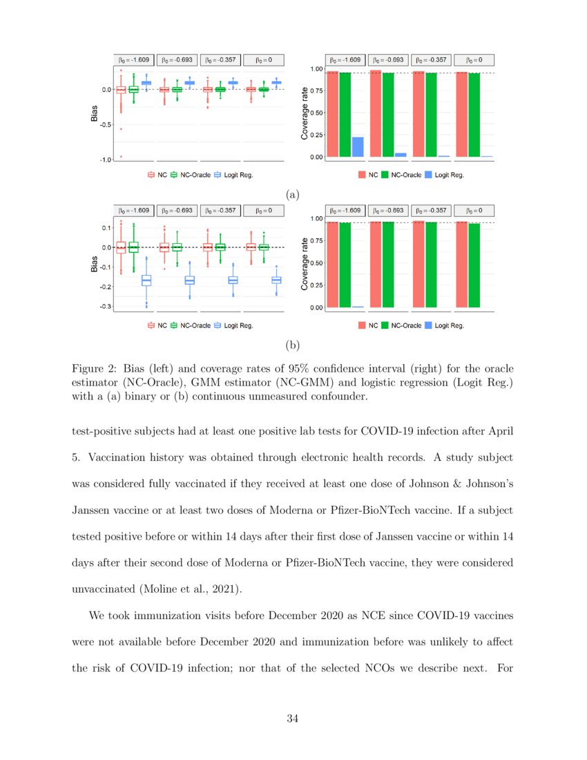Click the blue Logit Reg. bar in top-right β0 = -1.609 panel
click(358, 146)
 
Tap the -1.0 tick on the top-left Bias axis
click(104, 160)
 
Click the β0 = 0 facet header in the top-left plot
click(263, 60)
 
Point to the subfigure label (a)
click(293, 195)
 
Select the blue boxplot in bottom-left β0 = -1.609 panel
click(146, 280)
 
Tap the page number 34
click(292, 719)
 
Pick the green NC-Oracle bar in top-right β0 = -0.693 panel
click(388, 115)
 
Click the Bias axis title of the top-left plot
click(95, 113)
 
